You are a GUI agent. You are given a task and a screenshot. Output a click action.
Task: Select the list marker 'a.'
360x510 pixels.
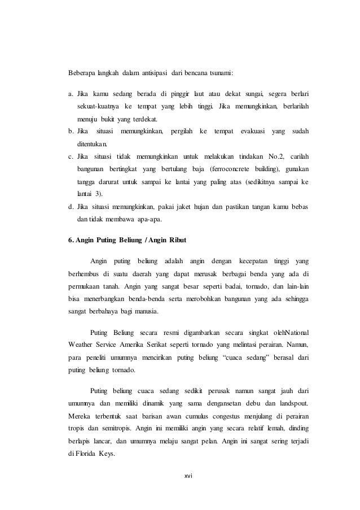click(71, 93)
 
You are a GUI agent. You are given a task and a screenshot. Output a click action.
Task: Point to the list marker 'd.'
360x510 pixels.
click(71, 207)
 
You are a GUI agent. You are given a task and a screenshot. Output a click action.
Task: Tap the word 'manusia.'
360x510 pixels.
click(145, 311)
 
